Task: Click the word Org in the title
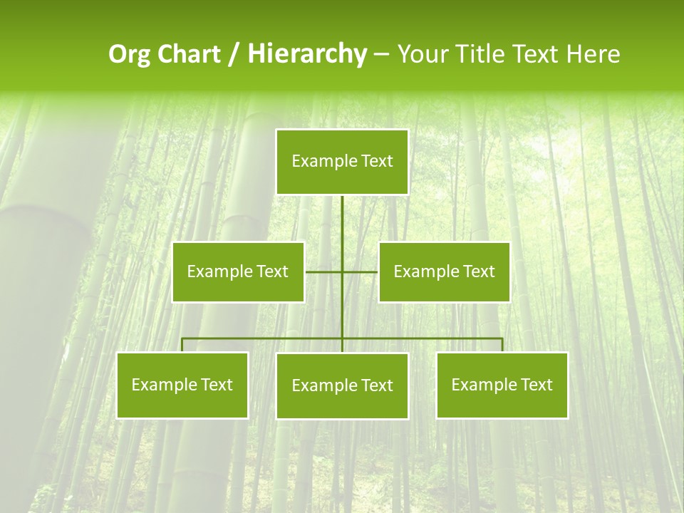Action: pyautogui.click(x=128, y=54)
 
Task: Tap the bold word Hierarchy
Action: pyautogui.click(x=307, y=54)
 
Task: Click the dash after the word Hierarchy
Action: pyautogui.click(x=381, y=54)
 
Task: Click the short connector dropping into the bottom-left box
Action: pyautogui.click(x=182, y=345)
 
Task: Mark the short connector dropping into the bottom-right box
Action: pyautogui.click(x=502, y=345)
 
